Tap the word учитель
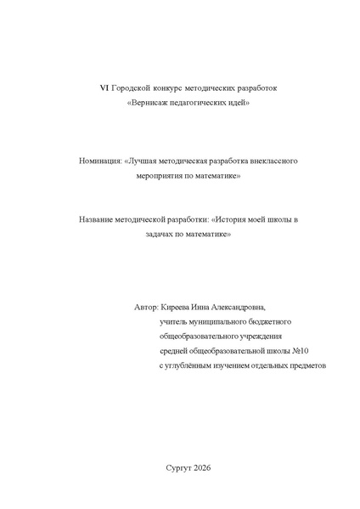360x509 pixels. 174,322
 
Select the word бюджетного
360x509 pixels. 268,322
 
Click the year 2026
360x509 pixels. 202,468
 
